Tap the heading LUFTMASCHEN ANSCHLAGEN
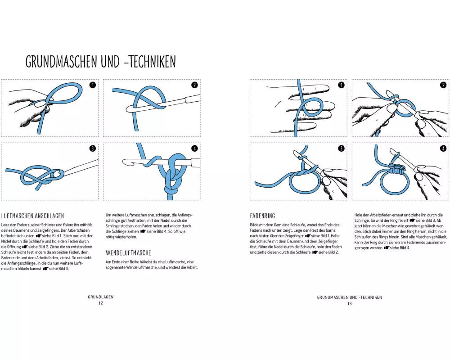pos(33,216)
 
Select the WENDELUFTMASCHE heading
pos(128,252)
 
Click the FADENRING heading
pos(262,216)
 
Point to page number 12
pos(101,303)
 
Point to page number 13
pos(349,303)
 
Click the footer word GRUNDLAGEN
pos(101,297)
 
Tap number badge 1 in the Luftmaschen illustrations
pos(93,85)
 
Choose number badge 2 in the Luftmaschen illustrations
pos(194,85)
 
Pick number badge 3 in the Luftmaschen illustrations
pos(93,148)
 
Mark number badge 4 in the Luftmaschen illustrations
pos(194,148)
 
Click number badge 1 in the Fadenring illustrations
pos(341,85)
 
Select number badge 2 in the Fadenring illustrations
pos(443,85)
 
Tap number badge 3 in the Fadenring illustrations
pos(341,148)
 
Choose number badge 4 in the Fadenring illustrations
pos(443,148)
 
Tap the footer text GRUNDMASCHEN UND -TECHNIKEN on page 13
pos(349,297)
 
